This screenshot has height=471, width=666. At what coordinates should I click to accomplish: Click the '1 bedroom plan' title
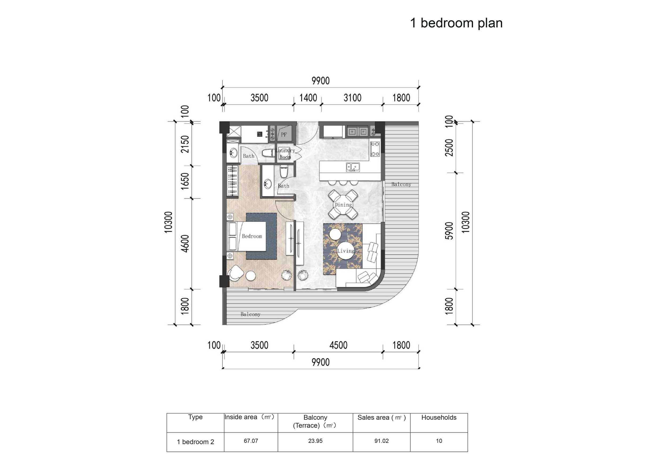pyautogui.click(x=456, y=23)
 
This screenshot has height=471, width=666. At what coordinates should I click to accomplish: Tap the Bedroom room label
pyautogui.click(x=252, y=236)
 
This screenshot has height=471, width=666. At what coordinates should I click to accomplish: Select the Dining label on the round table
pyautogui.click(x=343, y=205)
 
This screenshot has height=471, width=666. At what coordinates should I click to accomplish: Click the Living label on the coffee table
pyautogui.click(x=346, y=251)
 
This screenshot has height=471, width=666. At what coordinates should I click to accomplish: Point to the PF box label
pyautogui.click(x=284, y=134)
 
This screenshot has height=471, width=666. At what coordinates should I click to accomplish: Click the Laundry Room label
pyautogui.click(x=285, y=154)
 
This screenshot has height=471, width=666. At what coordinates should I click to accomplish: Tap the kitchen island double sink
pyautogui.click(x=353, y=167)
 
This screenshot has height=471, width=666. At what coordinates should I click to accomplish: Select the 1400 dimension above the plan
pyautogui.click(x=308, y=98)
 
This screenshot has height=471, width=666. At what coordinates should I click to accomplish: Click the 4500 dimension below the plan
pyautogui.click(x=338, y=345)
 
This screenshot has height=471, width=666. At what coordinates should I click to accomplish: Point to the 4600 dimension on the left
pyautogui.click(x=185, y=243)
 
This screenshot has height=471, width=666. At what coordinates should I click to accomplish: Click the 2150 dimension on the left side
pyautogui.click(x=185, y=144)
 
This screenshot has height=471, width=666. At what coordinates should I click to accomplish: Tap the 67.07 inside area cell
pyautogui.click(x=251, y=441)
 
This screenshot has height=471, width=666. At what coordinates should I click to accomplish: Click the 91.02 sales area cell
pyautogui.click(x=381, y=441)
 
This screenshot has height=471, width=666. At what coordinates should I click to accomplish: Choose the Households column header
pyautogui.click(x=438, y=417)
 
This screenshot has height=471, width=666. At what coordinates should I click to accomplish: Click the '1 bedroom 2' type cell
pyautogui.click(x=195, y=442)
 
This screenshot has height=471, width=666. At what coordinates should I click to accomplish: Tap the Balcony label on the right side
pyautogui.click(x=401, y=184)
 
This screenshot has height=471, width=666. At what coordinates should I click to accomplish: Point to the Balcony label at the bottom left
pyautogui.click(x=250, y=314)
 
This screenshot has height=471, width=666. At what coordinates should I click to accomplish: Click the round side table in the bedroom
pyautogui.click(x=251, y=275)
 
